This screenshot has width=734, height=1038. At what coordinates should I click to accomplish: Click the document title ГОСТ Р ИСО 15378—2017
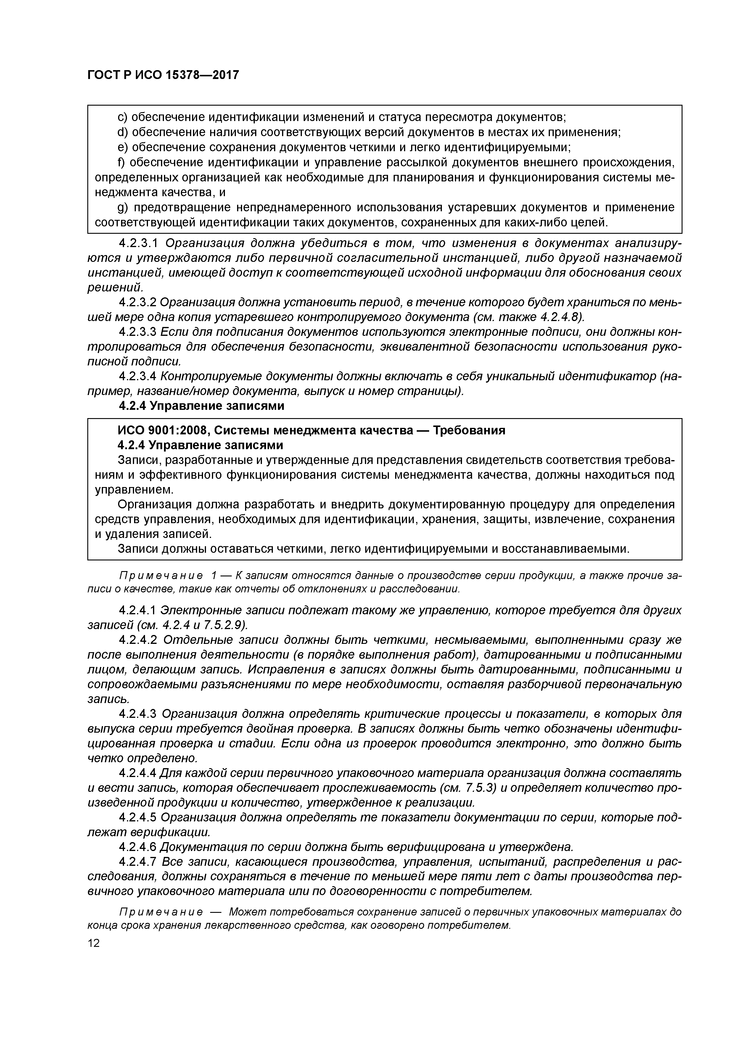[x=163, y=75]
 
